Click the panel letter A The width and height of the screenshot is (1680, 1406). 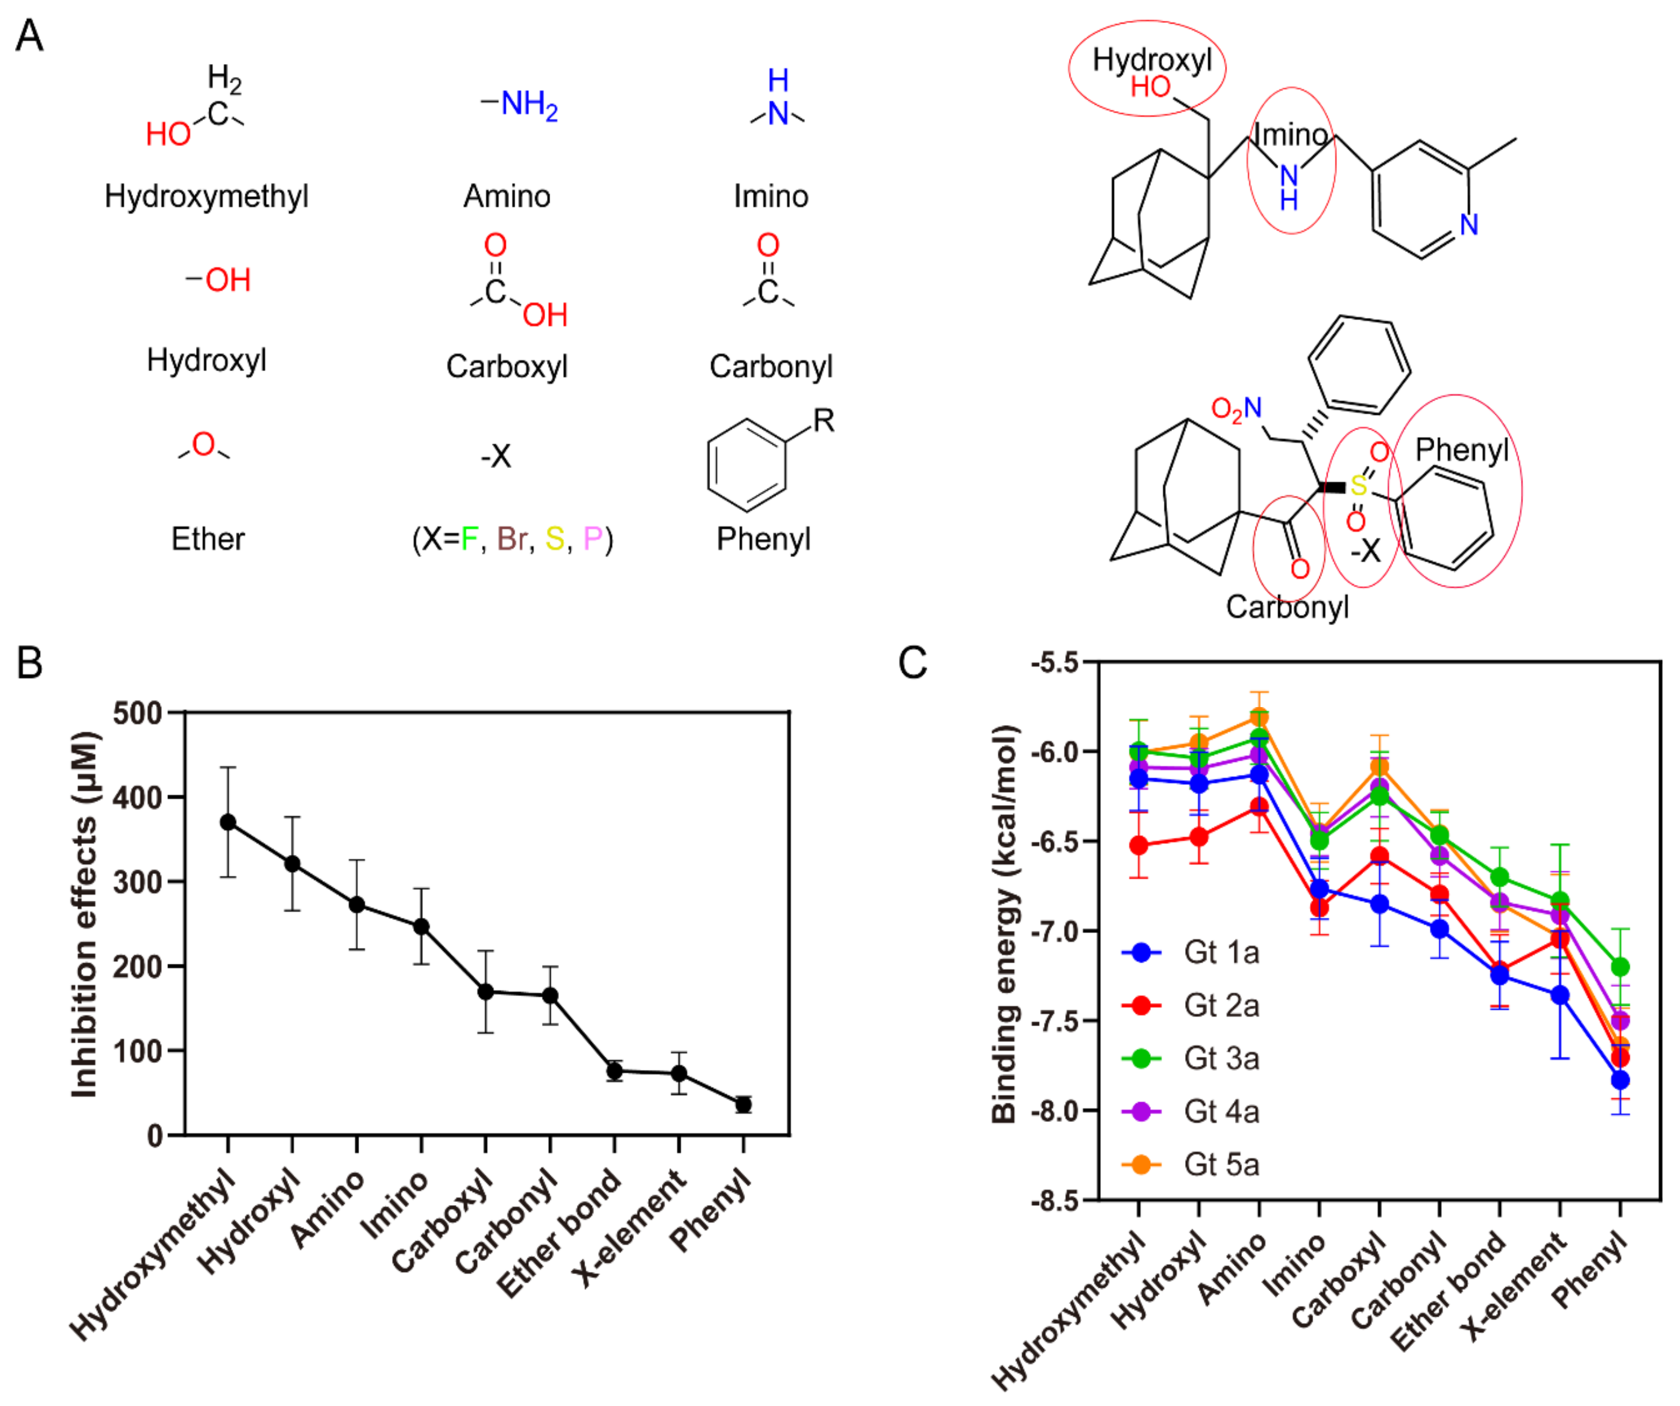pos(29,36)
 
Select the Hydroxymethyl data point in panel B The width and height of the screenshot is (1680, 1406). pos(228,822)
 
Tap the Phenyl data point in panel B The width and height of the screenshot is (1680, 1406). pos(743,1104)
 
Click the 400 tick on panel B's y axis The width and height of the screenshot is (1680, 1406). pos(137,797)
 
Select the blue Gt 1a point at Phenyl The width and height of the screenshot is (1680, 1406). pos(1620,1080)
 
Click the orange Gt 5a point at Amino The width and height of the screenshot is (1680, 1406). pos(1259,716)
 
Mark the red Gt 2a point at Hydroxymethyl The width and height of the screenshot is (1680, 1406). pos(1139,846)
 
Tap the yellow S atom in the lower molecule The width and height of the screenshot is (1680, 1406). pos(1358,485)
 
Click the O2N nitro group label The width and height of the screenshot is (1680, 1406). pos(1236,409)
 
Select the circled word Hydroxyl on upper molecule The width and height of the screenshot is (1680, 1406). pos(1152,60)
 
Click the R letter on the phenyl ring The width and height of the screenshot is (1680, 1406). pos(823,420)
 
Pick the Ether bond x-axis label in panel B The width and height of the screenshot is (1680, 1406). pos(560,1231)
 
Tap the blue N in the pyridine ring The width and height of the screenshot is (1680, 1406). pos(1469,225)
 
